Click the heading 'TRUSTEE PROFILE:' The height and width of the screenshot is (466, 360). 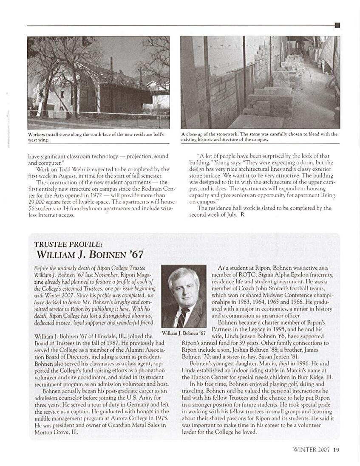68,244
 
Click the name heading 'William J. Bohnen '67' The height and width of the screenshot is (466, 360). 90,255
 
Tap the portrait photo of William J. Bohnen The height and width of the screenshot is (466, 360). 184,296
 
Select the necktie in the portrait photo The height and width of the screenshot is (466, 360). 182,316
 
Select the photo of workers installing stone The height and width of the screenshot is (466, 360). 98,82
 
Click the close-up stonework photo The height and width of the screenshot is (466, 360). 260,82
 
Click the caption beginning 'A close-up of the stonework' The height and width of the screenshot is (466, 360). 259,137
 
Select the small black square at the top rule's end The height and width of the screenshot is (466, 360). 337,25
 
